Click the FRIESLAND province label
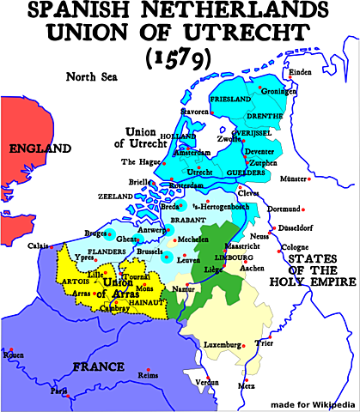(x=229, y=100)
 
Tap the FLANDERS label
(x=107, y=251)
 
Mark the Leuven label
(x=187, y=259)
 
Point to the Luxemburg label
(x=222, y=345)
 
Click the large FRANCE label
(x=99, y=367)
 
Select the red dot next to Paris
(x=66, y=395)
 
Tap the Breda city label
(x=171, y=206)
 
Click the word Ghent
(x=126, y=238)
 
